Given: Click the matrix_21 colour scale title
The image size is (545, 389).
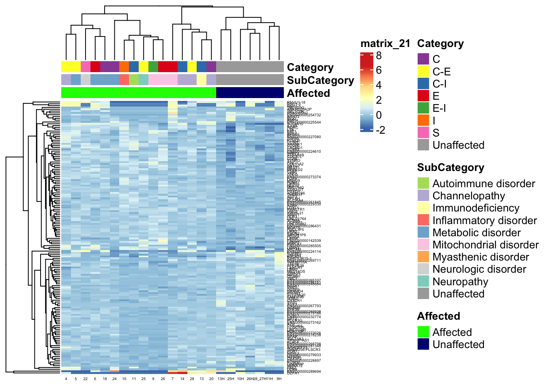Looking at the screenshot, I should point(385,44).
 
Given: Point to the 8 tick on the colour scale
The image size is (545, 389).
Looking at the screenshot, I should point(379,56).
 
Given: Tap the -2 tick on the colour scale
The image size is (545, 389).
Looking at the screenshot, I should point(380,130).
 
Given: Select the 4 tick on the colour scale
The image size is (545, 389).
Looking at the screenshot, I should point(379,85).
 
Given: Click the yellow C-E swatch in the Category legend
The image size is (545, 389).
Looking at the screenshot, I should point(423,72).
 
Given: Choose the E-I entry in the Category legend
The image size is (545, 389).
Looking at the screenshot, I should point(439,108).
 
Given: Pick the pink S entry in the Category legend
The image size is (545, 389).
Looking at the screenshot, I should point(436,133).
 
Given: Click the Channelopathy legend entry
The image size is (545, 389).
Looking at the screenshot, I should point(468,196).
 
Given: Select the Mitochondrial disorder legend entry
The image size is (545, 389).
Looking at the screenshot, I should point(485,245).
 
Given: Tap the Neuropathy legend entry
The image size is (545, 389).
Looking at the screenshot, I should point(460,282).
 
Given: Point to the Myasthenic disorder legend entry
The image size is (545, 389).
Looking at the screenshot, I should point(481,257).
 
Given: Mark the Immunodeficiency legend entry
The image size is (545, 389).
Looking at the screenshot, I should point(476,208).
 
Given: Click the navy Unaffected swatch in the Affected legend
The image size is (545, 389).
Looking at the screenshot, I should point(423,344).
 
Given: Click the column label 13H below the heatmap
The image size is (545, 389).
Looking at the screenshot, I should point(221,379).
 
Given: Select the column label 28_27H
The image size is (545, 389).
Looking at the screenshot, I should point(260,379).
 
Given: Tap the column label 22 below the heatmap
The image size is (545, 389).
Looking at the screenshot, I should point(85,379).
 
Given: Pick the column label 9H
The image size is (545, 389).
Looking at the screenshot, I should point(279,379).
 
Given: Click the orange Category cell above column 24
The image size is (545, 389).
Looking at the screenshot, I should point(124,66).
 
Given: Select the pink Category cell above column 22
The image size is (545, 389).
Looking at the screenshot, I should point(86,66).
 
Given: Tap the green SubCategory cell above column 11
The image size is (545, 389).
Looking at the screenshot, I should point(134,79).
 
